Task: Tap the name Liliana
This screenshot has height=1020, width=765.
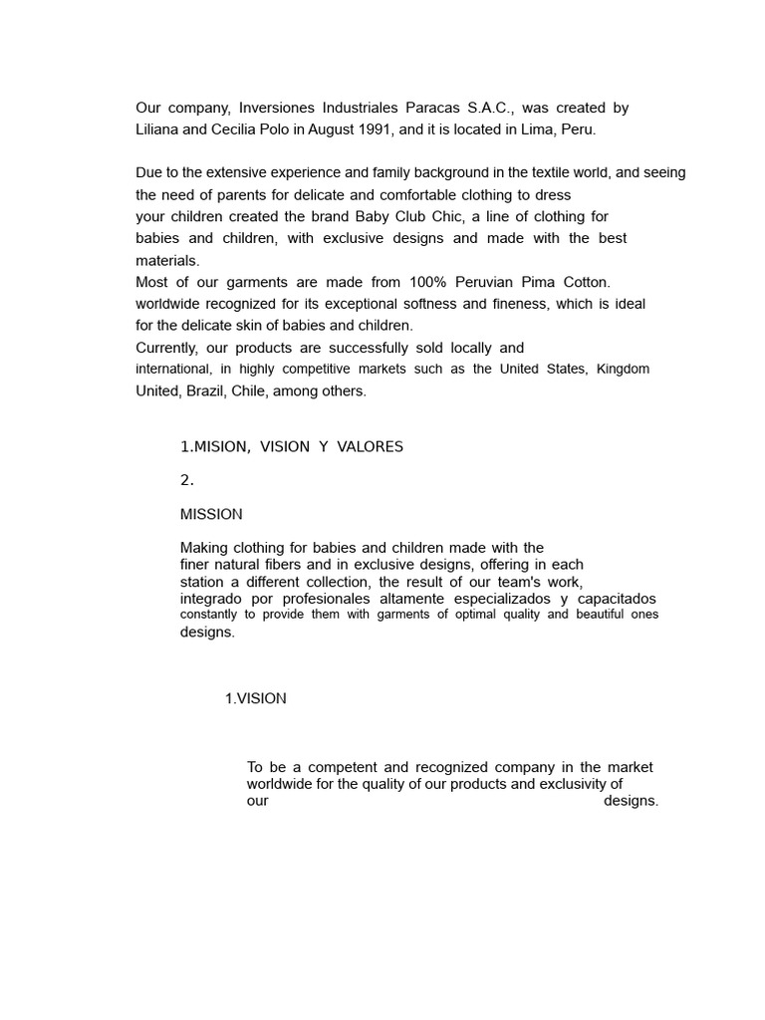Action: pyautogui.click(x=161, y=129)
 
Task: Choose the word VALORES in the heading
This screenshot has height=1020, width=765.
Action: pyautogui.click(x=370, y=446)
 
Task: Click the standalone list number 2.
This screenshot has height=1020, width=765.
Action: pyautogui.click(x=186, y=480)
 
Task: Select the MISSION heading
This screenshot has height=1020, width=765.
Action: pyautogui.click(x=211, y=515)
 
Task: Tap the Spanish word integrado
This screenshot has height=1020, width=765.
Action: pyautogui.click(x=212, y=599)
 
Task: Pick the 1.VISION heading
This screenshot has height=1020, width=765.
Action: pyautogui.click(x=255, y=698)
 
